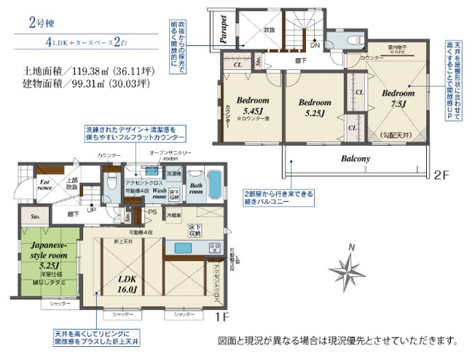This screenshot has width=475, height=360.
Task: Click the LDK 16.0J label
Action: (127, 283)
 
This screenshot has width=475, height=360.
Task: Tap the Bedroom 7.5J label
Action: (399, 98)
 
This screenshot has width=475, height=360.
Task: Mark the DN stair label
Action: (315, 45)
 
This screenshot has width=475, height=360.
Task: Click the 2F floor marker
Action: (444, 175)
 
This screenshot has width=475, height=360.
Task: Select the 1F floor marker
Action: (221, 318)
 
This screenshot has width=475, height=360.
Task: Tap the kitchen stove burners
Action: (216, 249)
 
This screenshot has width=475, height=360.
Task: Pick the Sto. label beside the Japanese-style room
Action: (34, 216)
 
